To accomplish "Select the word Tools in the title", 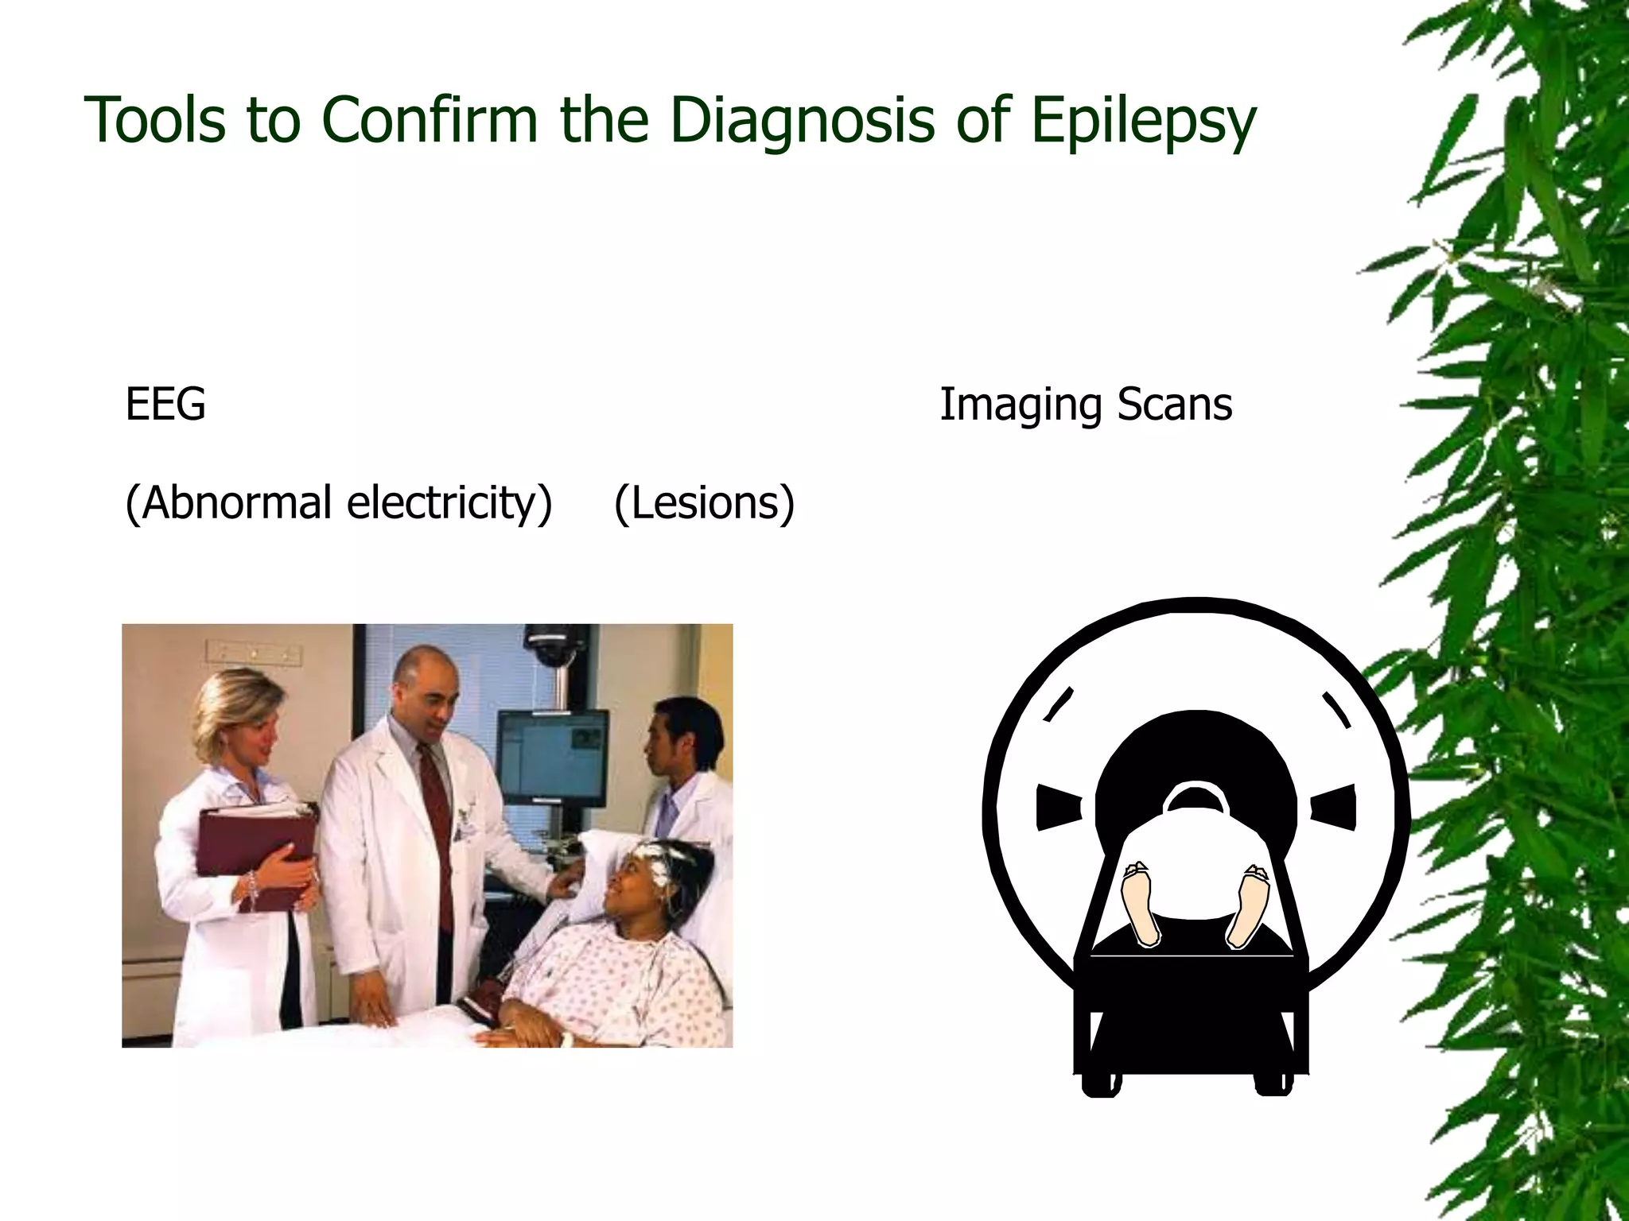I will click(154, 119).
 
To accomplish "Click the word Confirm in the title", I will click(430, 119).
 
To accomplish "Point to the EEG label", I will click(165, 404).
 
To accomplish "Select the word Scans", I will click(1175, 404).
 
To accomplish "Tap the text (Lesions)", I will click(704, 502).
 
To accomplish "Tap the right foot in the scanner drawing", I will click(1248, 906).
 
